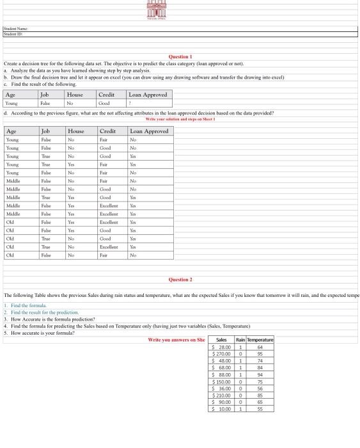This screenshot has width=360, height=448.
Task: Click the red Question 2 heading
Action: (x=180, y=280)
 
